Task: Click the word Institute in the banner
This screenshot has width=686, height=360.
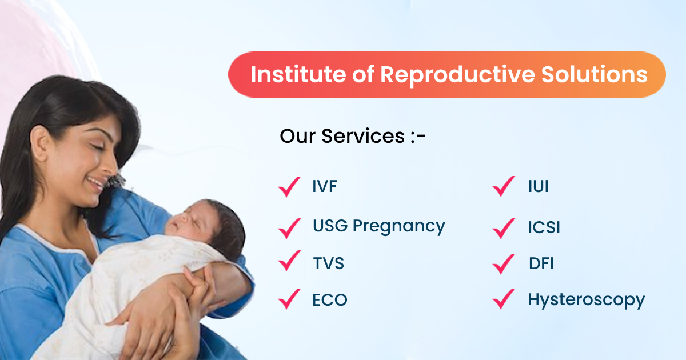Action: click(298, 74)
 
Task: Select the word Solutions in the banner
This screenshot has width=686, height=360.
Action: click(594, 74)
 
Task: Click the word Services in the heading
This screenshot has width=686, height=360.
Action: click(363, 136)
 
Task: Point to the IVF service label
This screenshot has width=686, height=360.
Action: click(325, 186)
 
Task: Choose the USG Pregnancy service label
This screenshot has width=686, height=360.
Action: click(379, 226)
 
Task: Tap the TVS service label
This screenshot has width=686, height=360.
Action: click(329, 263)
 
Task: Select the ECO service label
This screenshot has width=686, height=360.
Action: click(330, 299)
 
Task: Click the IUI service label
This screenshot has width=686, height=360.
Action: click(539, 186)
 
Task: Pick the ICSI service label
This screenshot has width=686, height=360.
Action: click(544, 227)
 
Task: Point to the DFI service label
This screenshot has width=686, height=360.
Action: click(541, 263)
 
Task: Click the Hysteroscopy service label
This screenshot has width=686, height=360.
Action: click(586, 301)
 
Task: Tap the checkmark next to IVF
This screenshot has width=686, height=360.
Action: click(289, 187)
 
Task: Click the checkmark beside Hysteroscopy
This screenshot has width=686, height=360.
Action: click(503, 299)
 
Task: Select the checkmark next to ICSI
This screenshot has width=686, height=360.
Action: click(503, 229)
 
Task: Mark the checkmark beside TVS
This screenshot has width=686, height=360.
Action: click(289, 261)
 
